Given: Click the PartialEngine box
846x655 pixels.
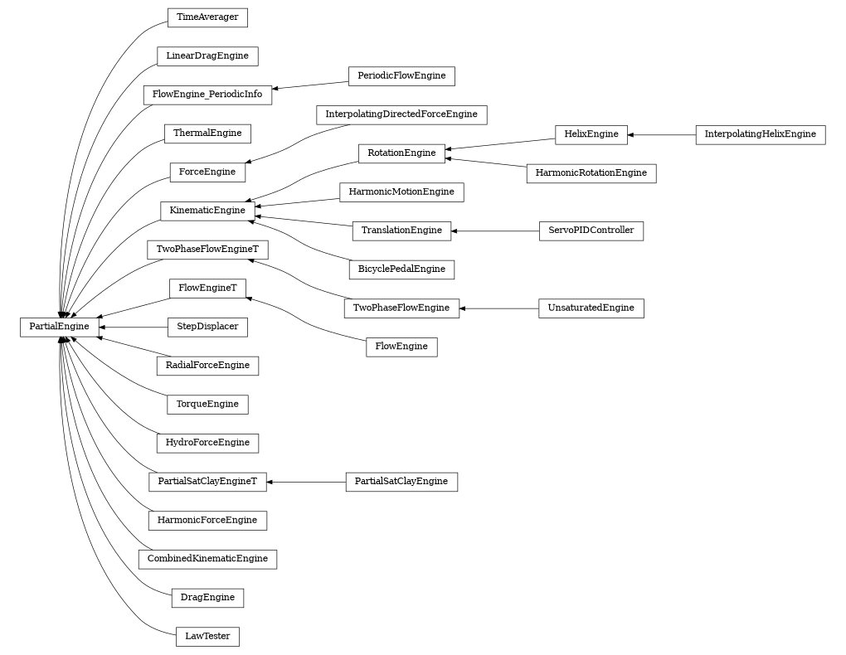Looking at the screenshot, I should (59, 327).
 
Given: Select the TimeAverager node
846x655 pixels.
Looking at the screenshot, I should (207, 17).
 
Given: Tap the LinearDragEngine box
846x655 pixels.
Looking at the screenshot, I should (207, 56).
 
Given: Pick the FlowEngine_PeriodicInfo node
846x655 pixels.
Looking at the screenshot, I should (207, 95).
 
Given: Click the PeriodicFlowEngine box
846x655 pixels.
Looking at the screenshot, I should (401, 76).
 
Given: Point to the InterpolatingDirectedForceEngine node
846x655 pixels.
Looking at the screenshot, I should (401, 114).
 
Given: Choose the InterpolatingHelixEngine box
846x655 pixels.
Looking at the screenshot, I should (760, 134).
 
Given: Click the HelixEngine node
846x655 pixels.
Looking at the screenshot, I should (591, 134).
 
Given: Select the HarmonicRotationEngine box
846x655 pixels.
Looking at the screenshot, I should (591, 173).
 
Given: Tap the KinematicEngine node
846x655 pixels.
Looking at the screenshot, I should (207, 211).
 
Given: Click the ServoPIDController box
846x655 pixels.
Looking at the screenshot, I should (591, 230).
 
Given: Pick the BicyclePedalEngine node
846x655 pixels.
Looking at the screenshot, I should (401, 269).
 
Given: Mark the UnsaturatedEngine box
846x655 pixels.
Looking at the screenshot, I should (591, 308).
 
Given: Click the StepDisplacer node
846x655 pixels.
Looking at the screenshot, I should (207, 327).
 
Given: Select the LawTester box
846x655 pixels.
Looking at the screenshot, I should (207, 637).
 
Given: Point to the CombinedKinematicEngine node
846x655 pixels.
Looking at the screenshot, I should (207, 559).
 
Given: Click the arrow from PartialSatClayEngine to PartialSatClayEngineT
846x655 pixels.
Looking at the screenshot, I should (306, 482).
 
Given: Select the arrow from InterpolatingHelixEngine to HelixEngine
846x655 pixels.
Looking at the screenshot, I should (662, 134).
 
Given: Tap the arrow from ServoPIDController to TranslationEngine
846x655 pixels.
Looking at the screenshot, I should (495, 230).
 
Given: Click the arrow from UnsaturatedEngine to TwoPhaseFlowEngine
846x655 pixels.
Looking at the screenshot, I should (498, 308).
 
